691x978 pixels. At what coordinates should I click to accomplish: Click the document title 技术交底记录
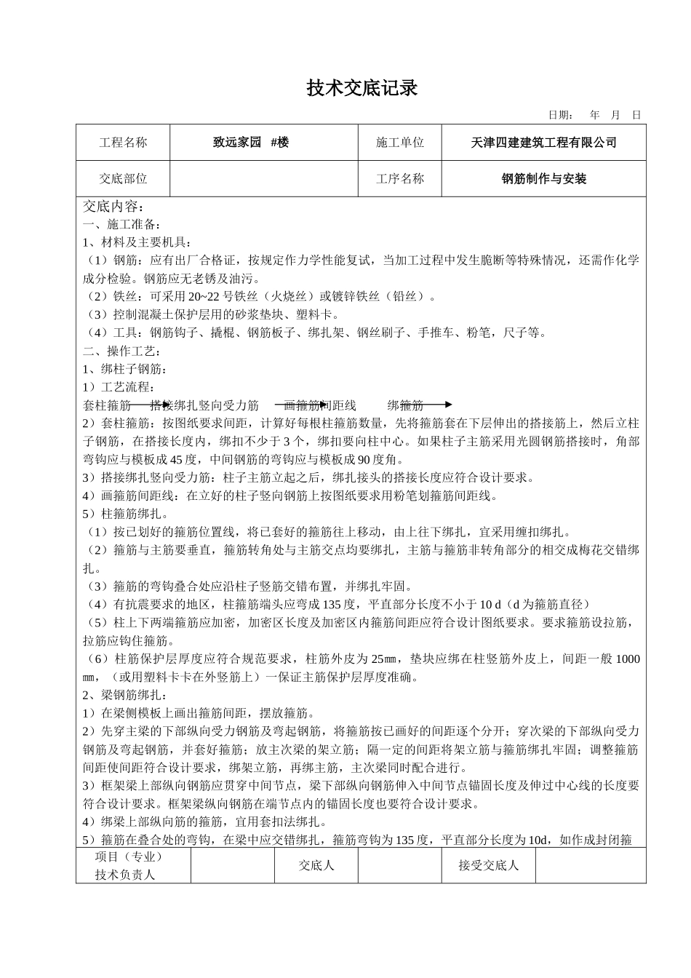(362, 89)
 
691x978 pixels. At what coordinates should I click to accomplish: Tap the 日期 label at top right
(560, 115)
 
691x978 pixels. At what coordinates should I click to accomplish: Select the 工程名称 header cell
(123, 143)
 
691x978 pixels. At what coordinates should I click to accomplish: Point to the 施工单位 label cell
(399, 143)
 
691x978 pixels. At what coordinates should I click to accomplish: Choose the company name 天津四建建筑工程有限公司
(543, 143)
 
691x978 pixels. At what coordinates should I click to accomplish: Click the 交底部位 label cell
(123, 178)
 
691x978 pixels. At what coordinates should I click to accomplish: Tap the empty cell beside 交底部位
(264, 178)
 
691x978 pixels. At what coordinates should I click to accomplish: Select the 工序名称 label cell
(399, 178)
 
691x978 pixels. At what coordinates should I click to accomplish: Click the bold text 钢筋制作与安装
(544, 178)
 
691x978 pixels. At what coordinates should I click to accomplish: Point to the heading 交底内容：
(114, 207)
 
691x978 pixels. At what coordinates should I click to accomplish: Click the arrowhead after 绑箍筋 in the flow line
(448, 405)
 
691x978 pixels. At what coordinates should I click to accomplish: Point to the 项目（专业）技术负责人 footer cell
(129, 865)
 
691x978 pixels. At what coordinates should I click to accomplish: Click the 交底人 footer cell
(316, 865)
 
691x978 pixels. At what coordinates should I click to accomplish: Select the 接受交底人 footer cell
(489, 865)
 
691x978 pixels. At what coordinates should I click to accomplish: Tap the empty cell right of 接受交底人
(590, 865)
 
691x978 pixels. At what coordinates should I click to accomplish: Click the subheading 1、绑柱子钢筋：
(125, 369)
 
